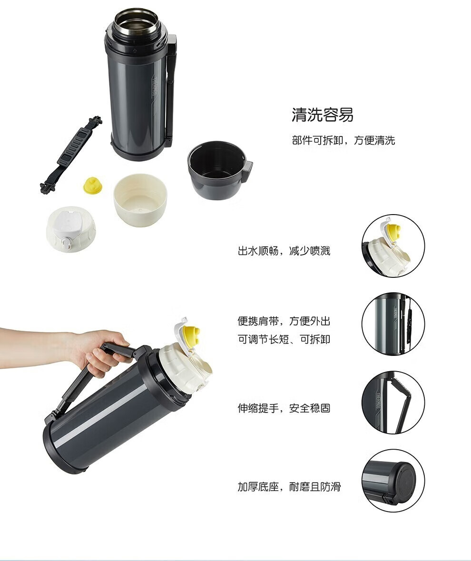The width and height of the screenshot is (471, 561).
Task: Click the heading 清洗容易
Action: (x=323, y=115)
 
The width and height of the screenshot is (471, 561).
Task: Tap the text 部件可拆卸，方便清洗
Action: (x=343, y=140)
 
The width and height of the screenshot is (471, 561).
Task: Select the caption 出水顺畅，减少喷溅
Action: (x=284, y=251)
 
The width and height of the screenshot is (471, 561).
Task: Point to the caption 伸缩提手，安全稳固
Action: (x=284, y=408)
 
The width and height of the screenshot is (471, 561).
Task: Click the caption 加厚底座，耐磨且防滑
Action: (x=289, y=487)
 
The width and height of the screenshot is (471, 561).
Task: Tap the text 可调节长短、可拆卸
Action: (x=284, y=339)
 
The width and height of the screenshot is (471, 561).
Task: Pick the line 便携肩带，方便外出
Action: (x=284, y=321)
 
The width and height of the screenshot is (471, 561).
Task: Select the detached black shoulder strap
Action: (x=71, y=155)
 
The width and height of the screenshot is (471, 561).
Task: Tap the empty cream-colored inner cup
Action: (x=140, y=199)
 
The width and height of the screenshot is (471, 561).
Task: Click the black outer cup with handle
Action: (x=218, y=169)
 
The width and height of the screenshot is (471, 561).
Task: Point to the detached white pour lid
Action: (x=71, y=229)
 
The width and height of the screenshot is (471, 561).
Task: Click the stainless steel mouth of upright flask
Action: (x=136, y=21)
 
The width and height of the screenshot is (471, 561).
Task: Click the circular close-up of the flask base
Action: (x=393, y=481)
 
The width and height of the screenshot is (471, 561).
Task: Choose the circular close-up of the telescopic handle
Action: (x=393, y=402)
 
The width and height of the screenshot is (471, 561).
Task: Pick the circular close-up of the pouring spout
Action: (x=393, y=246)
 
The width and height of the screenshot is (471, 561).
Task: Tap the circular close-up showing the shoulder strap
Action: (x=393, y=324)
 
